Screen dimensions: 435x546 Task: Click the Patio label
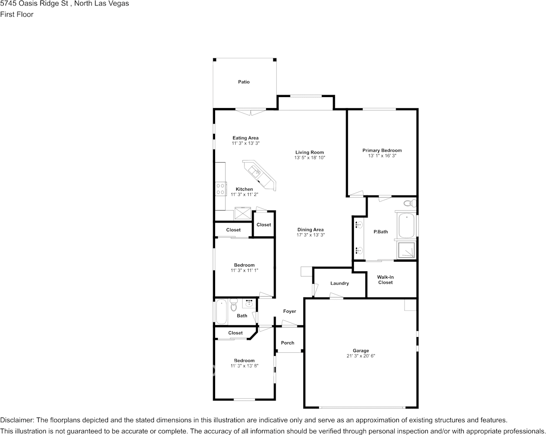pos(244,82)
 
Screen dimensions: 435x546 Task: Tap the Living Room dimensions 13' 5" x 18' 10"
pos(310,158)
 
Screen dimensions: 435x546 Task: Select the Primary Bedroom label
pos(382,150)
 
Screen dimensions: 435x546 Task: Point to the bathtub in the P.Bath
pos(406,225)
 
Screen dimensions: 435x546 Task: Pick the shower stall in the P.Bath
pos(407,250)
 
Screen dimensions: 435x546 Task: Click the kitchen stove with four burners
pos(221,189)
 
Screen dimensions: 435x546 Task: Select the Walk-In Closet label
pos(385,280)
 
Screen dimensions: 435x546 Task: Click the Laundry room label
pos(340,283)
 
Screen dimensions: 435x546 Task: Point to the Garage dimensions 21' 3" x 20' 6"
pos(361,356)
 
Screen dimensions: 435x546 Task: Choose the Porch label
pos(288,343)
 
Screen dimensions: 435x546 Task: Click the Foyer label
pos(290,311)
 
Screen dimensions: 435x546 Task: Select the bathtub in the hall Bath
pos(221,311)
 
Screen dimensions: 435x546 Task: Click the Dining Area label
pos(311,229)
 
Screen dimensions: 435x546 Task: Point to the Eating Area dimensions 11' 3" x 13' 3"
pos(245,143)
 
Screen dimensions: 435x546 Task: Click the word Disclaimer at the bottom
pos(17,420)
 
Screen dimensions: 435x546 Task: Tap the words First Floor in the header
pos(17,14)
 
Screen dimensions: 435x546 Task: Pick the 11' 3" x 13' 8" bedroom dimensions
pos(244,366)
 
